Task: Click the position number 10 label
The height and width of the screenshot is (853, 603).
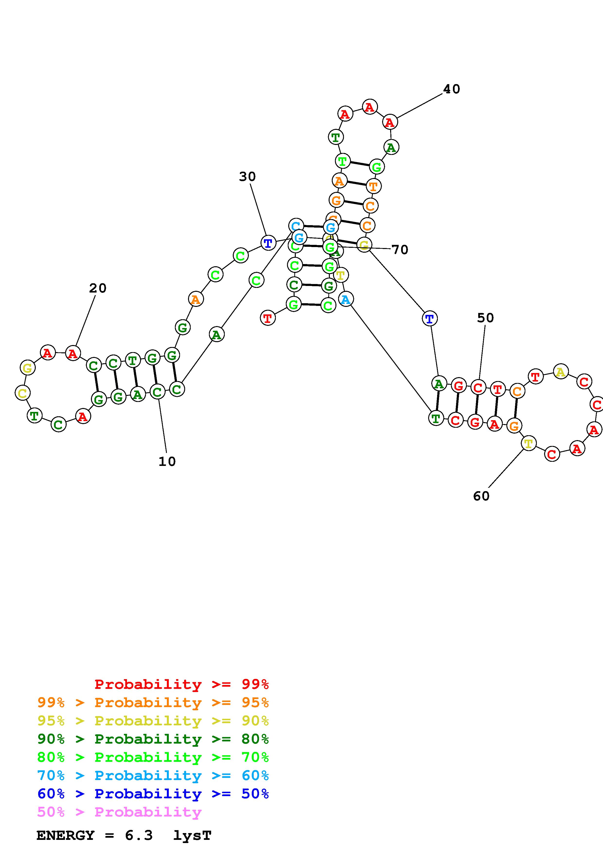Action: pos(167,462)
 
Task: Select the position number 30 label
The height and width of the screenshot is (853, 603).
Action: pos(247,177)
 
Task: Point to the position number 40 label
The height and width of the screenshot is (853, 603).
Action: pos(451,89)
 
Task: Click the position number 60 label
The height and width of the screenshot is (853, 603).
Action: pos(481,496)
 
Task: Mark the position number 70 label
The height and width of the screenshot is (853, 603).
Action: pos(400,250)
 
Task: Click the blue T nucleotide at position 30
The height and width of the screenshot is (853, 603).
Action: pos(268,243)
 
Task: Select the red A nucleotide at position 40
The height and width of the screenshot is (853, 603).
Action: pos(390,122)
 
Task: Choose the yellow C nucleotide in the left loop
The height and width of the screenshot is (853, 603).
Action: pos(22,393)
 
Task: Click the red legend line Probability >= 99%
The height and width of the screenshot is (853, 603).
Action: pos(182,684)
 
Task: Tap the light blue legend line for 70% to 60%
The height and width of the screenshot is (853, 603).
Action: pos(153,775)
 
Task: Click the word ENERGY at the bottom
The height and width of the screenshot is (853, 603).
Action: pos(65,835)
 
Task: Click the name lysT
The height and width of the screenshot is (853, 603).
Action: pos(192,835)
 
